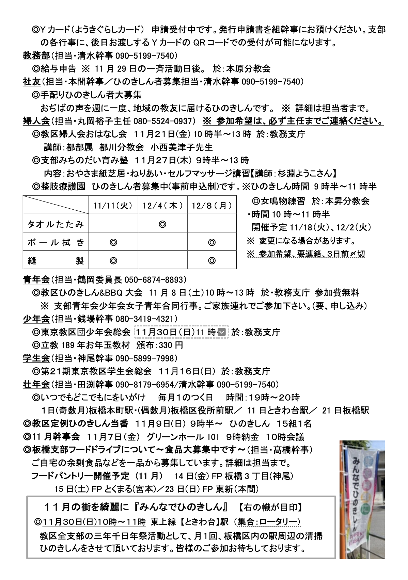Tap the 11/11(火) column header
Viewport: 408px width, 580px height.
[x=113, y=206]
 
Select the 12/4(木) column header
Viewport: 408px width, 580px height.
[x=162, y=206]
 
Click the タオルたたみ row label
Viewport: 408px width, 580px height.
[x=56, y=224]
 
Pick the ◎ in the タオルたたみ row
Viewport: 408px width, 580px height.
[x=162, y=224]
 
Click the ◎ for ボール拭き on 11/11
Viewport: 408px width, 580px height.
[x=113, y=242]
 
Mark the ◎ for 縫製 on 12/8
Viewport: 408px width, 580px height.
[x=211, y=261]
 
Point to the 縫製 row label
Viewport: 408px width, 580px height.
[x=56, y=261]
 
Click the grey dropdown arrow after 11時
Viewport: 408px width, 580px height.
[x=222, y=332]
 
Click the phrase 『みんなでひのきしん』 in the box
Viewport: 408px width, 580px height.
[x=180, y=507]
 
